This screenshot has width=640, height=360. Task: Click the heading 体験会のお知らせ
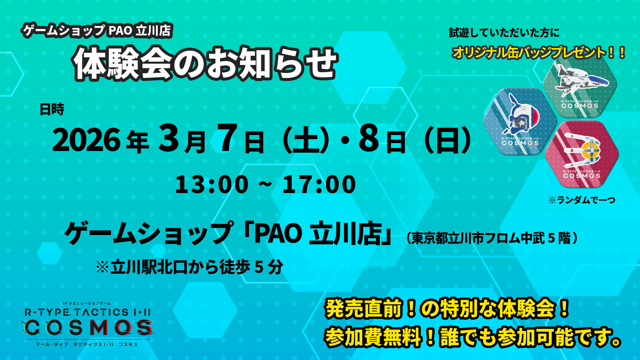[205, 63]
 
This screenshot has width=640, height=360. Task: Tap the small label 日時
[52, 109]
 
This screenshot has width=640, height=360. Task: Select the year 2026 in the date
[86, 140]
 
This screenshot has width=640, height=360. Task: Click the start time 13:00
[212, 184]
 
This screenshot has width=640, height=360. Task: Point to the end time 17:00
[319, 184]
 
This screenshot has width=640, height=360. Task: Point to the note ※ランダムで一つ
[582, 200]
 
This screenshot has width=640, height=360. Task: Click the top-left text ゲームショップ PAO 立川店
[97, 31]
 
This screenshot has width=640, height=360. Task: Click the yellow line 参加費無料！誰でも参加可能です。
[473, 337]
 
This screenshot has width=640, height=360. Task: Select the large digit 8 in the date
[369, 138]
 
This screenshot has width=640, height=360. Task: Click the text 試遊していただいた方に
[504, 33]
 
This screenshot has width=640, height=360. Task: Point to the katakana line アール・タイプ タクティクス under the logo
[87, 344]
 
